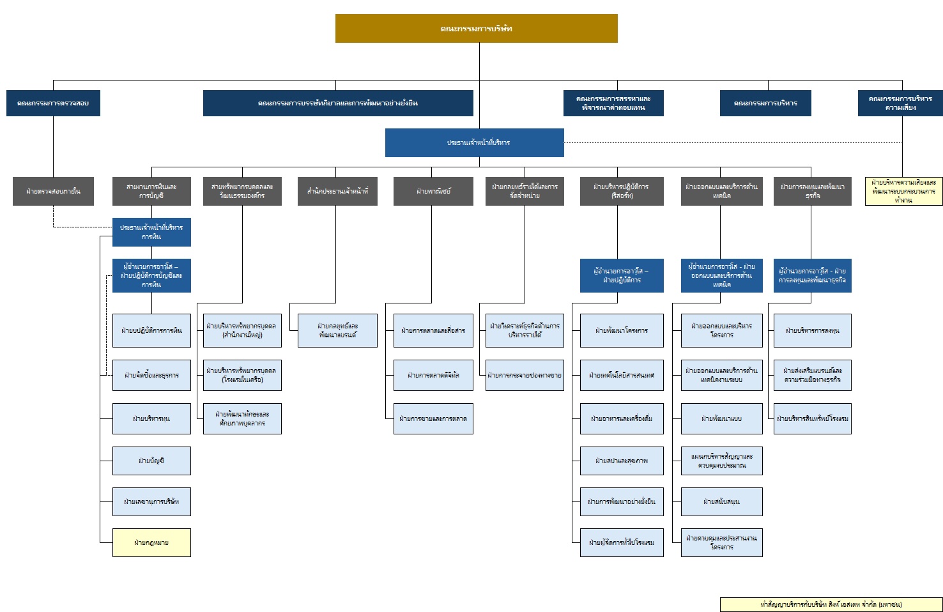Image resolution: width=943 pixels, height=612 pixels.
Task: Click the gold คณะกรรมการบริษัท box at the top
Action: tap(476, 29)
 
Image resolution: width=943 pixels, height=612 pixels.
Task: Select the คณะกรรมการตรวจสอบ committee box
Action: tap(53, 103)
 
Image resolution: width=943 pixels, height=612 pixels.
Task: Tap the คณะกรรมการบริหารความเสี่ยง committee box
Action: tap(900, 103)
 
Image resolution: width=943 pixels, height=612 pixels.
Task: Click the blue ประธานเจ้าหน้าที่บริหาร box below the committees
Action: tap(474, 142)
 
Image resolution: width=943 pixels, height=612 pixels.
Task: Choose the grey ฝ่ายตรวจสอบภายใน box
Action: tap(53, 191)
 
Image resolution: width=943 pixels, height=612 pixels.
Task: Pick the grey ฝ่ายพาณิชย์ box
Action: tap(433, 191)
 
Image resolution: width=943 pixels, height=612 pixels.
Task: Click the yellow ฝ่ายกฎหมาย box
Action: tap(151, 542)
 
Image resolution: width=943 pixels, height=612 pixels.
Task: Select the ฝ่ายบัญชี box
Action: tap(151, 461)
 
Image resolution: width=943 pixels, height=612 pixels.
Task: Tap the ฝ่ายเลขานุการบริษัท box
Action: tap(151, 501)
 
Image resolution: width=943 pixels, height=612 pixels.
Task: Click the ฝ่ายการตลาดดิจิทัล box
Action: tap(433, 375)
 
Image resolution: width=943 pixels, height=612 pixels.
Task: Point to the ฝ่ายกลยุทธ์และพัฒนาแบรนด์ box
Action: tap(337, 330)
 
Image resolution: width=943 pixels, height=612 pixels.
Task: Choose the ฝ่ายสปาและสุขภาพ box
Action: tap(622, 461)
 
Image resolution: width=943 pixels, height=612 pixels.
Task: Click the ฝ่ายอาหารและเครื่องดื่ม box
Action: tap(622, 418)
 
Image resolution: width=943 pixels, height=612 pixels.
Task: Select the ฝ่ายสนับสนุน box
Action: tap(721, 501)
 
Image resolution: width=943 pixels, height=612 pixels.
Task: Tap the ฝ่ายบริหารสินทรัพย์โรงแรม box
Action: tap(812, 418)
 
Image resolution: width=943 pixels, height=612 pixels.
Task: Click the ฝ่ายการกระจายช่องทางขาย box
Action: tap(525, 375)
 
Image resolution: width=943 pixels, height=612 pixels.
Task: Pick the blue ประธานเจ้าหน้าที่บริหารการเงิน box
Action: tap(151, 232)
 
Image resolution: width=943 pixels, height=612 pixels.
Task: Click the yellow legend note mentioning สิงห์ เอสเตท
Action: tap(831, 604)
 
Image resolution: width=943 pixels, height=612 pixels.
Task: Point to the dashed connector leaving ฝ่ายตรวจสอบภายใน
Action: tap(54, 217)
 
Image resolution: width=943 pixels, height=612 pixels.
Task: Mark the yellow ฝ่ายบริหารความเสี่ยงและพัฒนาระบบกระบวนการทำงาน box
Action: tap(903, 191)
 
